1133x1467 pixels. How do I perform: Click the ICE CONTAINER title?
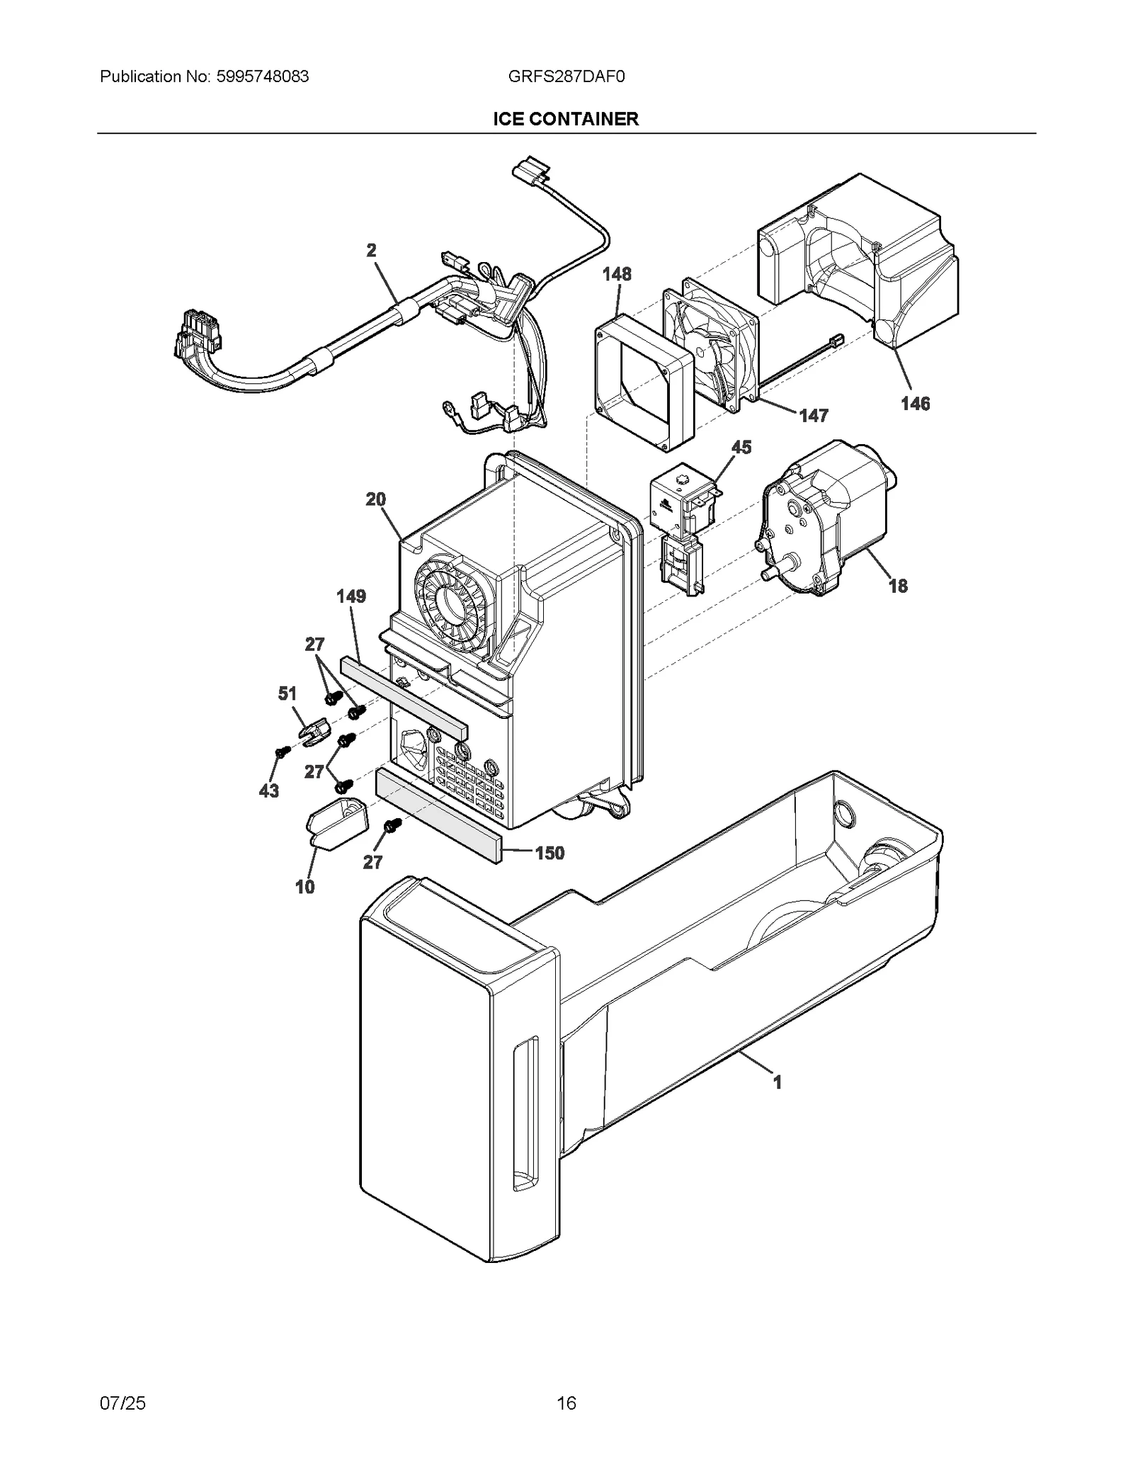[566, 119]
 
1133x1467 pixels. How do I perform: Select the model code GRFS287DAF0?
[566, 77]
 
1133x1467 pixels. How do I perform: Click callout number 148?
[617, 274]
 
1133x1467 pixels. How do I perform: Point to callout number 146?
[915, 404]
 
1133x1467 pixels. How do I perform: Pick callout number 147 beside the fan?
[814, 416]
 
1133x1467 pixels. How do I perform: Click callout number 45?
[741, 448]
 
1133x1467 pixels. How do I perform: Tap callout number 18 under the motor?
[898, 586]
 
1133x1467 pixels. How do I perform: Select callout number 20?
[375, 499]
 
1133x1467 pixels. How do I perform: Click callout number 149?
[351, 596]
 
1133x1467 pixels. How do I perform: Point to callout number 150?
[550, 853]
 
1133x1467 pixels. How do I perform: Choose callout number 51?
[287, 693]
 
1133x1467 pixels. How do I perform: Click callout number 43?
[268, 791]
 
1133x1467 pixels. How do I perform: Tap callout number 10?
[304, 887]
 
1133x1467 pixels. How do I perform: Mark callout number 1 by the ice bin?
[777, 1082]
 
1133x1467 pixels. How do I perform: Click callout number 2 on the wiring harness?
[371, 250]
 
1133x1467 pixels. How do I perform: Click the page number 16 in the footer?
[566, 1403]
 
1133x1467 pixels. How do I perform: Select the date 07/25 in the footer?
[123, 1403]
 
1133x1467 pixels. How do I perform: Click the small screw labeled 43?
[283, 752]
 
